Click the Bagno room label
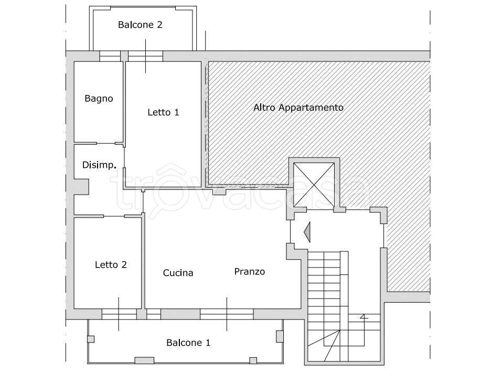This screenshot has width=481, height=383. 99,99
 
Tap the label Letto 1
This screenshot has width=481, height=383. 163,112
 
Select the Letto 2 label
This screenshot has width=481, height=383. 111,264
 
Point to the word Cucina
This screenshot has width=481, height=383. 178,273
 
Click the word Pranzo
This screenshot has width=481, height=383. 249,272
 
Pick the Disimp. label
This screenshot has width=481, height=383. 99,165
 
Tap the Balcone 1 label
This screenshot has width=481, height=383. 188,343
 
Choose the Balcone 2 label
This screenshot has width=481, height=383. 140,25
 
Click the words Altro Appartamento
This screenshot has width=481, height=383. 298,108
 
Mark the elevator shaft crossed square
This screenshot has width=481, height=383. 314,185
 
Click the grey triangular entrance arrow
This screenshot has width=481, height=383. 307,232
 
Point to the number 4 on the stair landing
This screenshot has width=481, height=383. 364,317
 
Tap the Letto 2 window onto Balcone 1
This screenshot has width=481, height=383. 119,314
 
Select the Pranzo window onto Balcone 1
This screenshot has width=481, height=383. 227,314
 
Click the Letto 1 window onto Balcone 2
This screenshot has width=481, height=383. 145,56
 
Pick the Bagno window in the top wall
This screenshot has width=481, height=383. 110,56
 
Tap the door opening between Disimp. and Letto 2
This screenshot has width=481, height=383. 114,216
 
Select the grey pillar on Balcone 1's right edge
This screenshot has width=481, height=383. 280,336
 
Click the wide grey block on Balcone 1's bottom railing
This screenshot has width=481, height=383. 144,360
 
